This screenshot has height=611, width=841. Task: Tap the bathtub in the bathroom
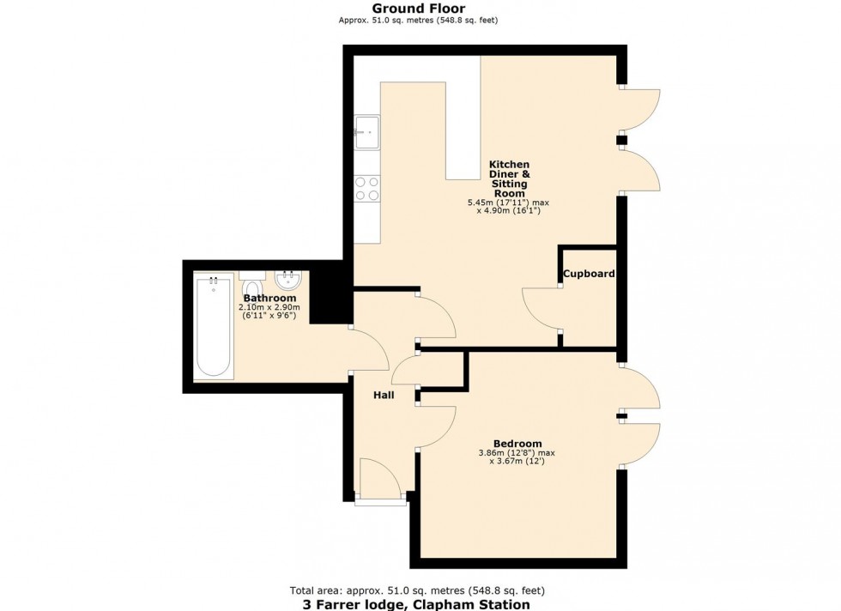click(213, 326)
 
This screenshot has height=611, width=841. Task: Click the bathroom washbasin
click(287, 281)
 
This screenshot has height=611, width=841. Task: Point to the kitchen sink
click(366, 130)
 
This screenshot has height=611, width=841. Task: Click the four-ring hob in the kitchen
click(367, 188)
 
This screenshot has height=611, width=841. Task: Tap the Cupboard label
click(589, 274)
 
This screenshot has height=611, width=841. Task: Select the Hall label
click(384, 396)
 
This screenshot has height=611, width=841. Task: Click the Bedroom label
click(517, 443)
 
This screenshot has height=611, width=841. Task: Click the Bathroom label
click(269, 298)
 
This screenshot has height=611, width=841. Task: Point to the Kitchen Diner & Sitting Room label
click(509, 179)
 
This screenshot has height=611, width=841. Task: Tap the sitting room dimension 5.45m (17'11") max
click(508, 203)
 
